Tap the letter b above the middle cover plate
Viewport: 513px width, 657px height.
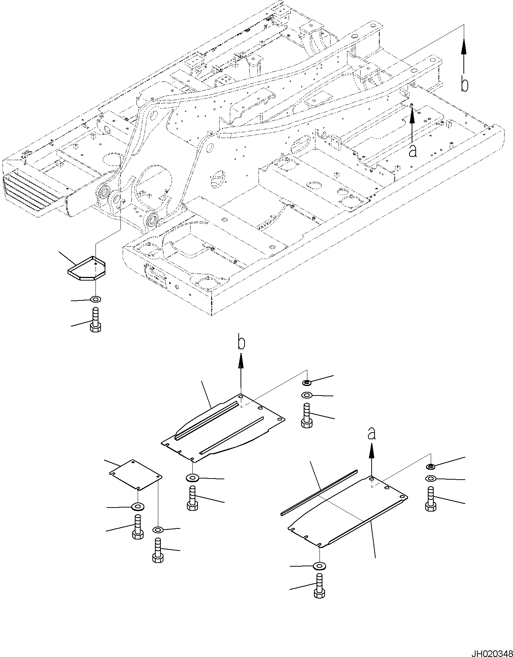pos(241,343)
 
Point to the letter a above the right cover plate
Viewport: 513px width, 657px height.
pos(372,434)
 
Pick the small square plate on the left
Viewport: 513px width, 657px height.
pos(136,474)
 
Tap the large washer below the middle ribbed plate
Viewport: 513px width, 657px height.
pos(192,478)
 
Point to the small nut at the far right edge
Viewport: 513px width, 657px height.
pos(431,466)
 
